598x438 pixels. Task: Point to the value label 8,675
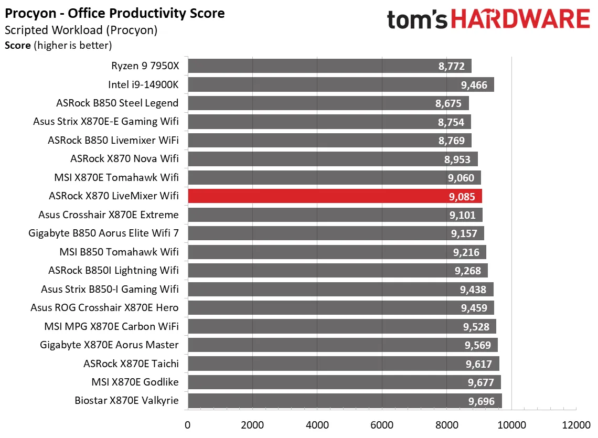(448, 103)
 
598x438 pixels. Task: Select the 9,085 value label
(462, 197)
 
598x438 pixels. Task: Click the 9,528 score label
(476, 327)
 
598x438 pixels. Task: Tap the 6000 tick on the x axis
(382, 424)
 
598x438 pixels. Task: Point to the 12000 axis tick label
(576, 424)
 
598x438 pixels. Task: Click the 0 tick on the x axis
(188, 424)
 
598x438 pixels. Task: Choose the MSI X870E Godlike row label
(135, 382)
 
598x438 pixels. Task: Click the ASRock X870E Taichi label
(131, 364)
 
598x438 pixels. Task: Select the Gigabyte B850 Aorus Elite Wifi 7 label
(103, 233)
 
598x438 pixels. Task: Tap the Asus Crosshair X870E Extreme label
(109, 215)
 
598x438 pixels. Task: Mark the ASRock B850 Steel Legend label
(118, 103)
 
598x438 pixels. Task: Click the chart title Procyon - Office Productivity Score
(115, 13)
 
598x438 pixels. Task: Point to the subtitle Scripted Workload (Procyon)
(81, 30)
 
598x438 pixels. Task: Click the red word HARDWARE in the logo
(520, 20)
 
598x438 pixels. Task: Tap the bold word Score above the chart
(18, 46)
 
